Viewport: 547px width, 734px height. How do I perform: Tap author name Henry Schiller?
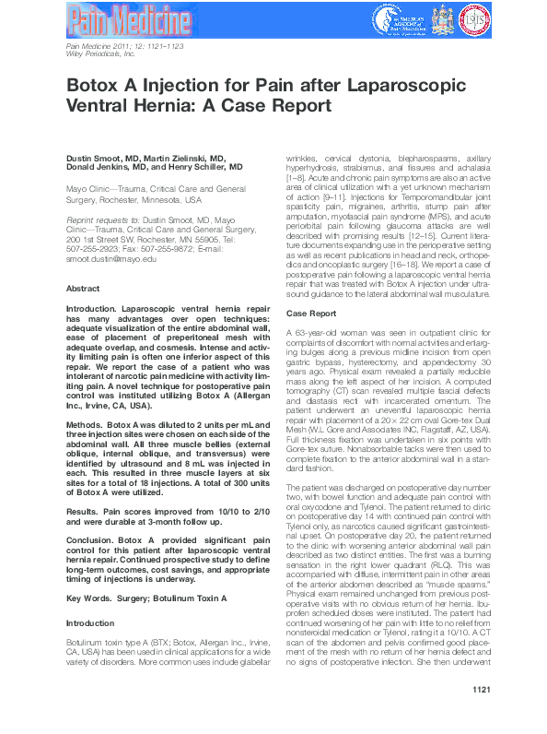point(214,169)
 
